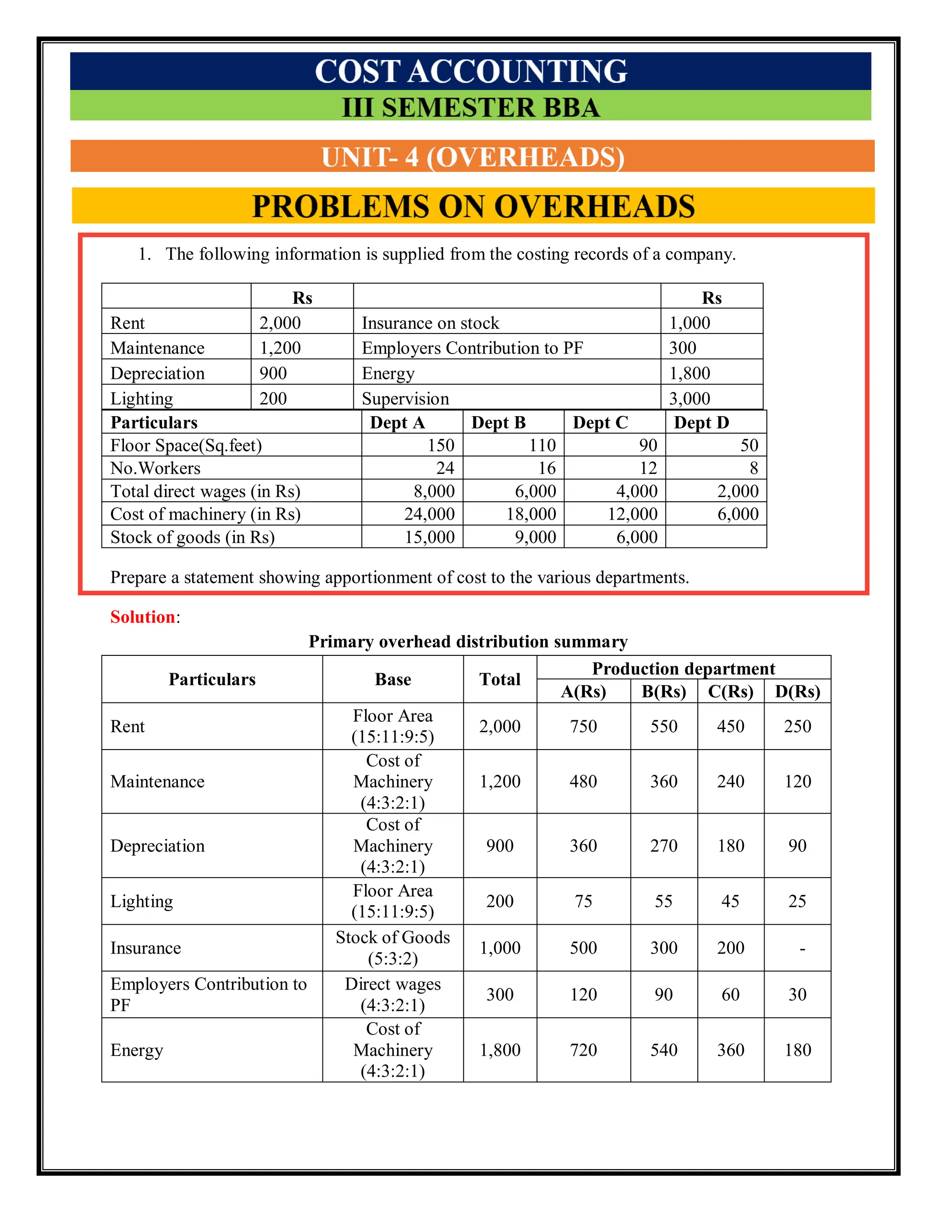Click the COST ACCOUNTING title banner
(x=471, y=71)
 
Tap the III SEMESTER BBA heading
(x=471, y=107)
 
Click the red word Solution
(x=143, y=617)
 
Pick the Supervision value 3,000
(x=689, y=398)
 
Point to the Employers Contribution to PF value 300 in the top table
(x=682, y=348)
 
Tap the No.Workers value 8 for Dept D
(x=753, y=468)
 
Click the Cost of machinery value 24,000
(x=429, y=514)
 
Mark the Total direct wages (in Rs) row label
(x=205, y=491)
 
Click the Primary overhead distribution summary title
(x=468, y=642)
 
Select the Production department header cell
(x=684, y=668)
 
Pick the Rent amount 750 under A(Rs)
(x=583, y=726)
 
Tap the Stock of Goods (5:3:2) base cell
(x=393, y=947)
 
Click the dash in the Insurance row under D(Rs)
(x=802, y=949)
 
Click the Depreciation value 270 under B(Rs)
(x=663, y=845)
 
